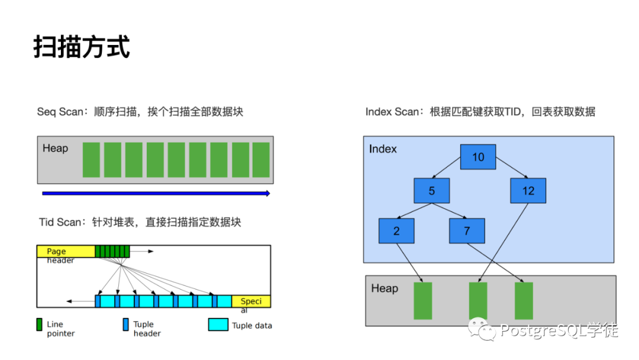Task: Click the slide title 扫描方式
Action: pos(82,47)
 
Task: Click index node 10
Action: pos(478,157)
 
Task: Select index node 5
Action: pos(432,191)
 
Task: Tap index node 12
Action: pos(528,191)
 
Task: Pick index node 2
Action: pos(396,231)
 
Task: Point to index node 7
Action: pos(467,231)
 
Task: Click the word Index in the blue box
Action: pos(383,149)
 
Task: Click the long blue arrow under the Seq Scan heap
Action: pos(156,193)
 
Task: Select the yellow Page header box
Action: pos(66,252)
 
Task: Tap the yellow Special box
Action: pos(251,301)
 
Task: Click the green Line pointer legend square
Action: pos(40,324)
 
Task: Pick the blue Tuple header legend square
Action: pos(125,324)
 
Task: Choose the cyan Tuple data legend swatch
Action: pos(218,324)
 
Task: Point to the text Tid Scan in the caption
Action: pos(59,223)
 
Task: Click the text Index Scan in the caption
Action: pos(392,112)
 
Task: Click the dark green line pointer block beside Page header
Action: pos(112,252)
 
